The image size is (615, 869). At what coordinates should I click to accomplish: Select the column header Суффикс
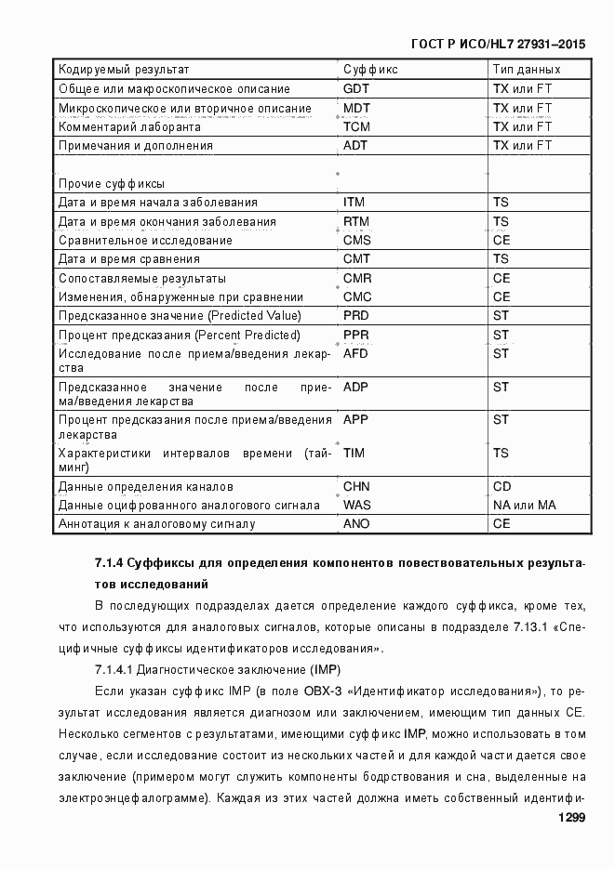click(x=370, y=70)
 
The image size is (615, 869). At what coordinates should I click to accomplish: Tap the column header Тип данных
click(x=527, y=70)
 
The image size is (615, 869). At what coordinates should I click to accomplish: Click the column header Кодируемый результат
click(x=124, y=70)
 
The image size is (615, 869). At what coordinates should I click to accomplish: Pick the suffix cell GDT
click(x=356, y=89)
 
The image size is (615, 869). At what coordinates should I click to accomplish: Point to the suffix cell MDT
click(x=357, y=109)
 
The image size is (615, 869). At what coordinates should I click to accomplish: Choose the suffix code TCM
click(x=357, y=126)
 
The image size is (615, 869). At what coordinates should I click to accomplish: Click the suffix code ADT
click(x=356, y=146)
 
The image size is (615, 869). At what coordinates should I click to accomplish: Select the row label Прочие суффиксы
click(x=112, y=183)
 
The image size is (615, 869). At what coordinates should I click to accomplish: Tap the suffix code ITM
click(x=354, y=203)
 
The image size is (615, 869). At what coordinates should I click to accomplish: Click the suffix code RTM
click(x=356, y=222)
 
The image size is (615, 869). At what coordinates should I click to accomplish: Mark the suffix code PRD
click(x=356, y=316)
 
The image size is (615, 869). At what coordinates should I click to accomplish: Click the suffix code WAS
click(x=357, y=506)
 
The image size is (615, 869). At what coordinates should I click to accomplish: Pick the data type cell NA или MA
click(x=525, y=506)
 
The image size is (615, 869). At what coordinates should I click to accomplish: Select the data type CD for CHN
click(x=502, y=487)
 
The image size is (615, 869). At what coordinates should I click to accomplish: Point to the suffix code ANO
click(x=356, y=524)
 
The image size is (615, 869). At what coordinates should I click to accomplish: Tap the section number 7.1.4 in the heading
click(x=109, y=563)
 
